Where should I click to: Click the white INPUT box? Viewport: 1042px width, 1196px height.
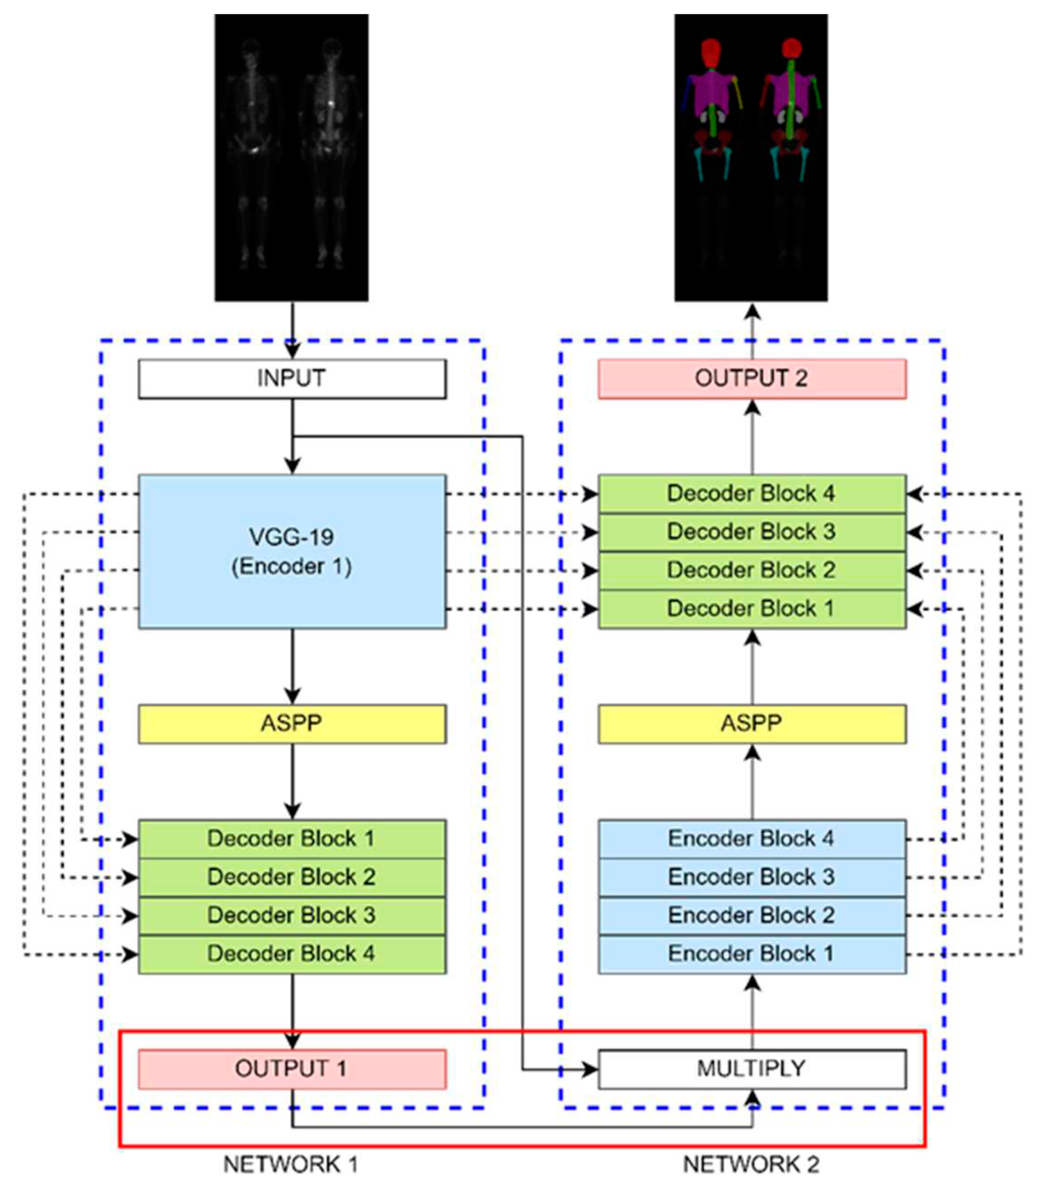pos(292,379)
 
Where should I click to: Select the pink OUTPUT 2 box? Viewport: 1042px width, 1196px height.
pos(752,379)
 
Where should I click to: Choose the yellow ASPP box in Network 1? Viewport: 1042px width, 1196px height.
pos(292,724)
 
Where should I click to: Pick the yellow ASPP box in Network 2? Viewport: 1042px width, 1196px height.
pos(752,724)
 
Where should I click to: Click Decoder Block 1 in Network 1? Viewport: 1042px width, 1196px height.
pos(292,839)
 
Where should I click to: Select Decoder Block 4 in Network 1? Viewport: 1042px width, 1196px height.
pos(292,954)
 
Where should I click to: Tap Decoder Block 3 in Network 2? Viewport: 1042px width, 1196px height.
pos(752,532)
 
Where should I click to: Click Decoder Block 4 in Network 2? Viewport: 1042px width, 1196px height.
pos(752,494)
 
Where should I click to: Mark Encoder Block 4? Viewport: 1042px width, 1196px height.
pos(752,839)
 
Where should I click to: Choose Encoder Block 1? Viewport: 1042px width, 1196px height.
pos(752,954)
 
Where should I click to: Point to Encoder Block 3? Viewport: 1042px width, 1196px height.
pos(752,877)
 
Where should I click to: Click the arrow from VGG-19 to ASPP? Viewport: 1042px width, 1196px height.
pos(292,666)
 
